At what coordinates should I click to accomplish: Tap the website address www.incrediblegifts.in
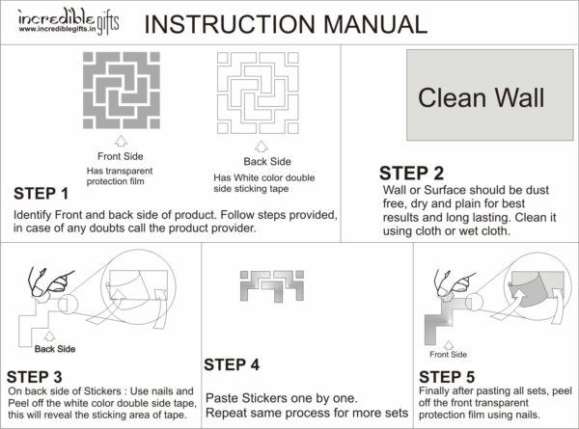pyautogui.click(x=64, y=30)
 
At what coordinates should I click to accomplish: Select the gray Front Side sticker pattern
pyautogui.click(x=121, y=92)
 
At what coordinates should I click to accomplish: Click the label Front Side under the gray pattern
pyautogui.click(x=121, y=156)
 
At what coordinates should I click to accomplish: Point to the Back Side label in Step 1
pyautogui.click(x=264, y=162)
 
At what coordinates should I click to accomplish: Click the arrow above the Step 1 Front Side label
pyautogui.click(x=121, y=142)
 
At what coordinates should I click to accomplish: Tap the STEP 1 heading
pyautogui.click(x=41, y=194)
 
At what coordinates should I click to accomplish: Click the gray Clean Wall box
pyautogui.click(x=480, y=97)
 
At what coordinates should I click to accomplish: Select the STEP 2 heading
pyautogui.click(x=411, y=174)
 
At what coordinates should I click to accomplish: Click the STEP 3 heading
pyautogui.click(x=35, y=375)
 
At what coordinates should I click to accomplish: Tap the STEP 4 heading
pyautogui.click(x=232, y=365)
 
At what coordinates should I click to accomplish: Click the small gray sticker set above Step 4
pyautogui.click(x=262, y=286)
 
